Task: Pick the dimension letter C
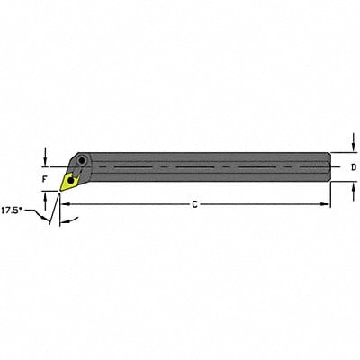tap(195, 205)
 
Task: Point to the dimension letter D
tap(353, 167)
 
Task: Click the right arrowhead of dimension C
tap(325, 205)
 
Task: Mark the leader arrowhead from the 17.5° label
tap(47, 216)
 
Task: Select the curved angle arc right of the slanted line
tap(63, 219)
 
